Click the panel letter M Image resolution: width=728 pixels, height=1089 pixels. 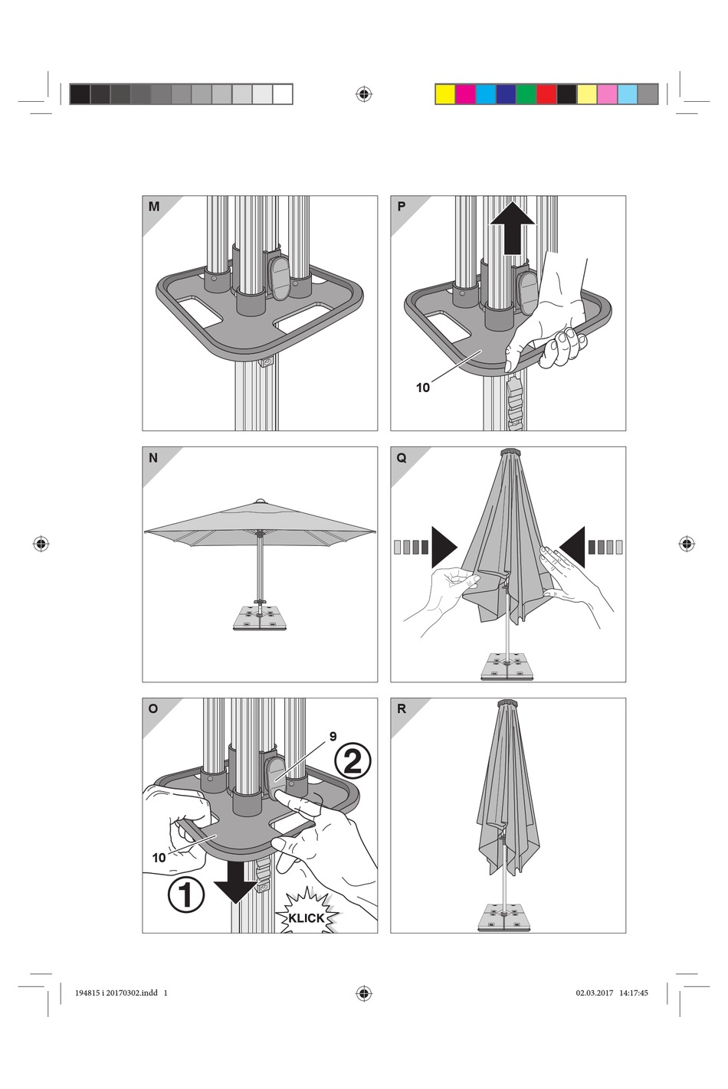(154, 207)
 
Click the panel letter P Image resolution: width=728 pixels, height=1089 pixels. (402, 207)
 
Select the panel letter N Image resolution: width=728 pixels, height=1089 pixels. (153, 458)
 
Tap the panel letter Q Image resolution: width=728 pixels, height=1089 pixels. (402, 458)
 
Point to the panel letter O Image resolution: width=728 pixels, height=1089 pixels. (153, 709)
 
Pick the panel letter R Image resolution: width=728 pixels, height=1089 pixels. (402, 709)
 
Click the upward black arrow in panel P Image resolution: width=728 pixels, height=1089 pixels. (512, 227)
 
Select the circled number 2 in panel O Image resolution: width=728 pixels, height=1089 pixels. (353, 762)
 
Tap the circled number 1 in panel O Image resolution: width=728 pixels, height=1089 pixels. (185, 894)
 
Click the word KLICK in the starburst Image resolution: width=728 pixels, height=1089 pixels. (307, 918)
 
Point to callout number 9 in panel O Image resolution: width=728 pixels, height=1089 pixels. (333, 737)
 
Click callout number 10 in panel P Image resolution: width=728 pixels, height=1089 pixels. (423, 388)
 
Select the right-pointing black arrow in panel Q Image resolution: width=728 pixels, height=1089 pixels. (444, 547)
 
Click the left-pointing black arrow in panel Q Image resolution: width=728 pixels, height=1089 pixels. (572, 547)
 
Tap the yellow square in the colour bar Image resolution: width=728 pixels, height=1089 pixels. (444, 94)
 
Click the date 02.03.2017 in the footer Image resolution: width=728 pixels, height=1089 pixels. (595, 993)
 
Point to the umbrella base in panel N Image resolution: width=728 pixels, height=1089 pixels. (260, 619)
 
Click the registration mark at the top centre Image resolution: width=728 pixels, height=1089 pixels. (364, 94)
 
